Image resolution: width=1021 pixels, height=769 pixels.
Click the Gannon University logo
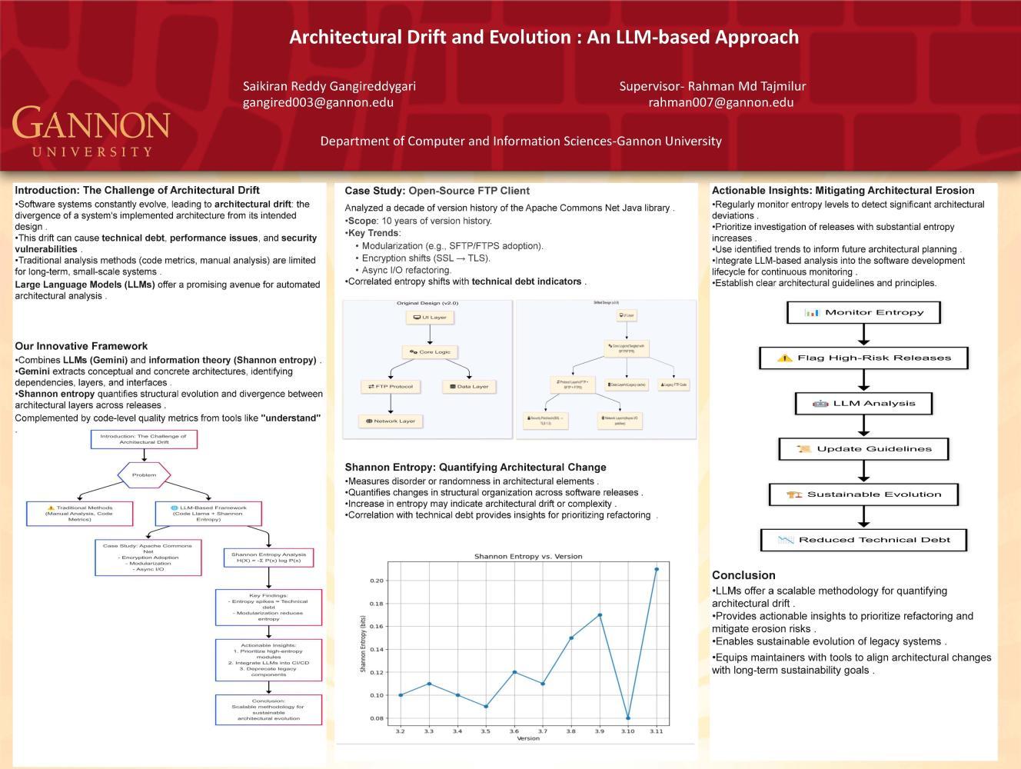pos(91,131)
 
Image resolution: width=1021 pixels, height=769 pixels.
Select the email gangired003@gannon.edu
pos(318,102)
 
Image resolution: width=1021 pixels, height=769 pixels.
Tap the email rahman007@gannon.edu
pos(720,102)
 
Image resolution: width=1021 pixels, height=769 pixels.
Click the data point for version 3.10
pos(628,718)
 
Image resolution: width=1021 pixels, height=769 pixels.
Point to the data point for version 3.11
pos(657,569)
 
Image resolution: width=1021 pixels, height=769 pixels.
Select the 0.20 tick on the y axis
pos(376,581)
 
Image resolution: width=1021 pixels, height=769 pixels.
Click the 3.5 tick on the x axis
pos(485,731)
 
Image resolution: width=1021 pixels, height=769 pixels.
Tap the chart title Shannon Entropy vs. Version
pos(527,556)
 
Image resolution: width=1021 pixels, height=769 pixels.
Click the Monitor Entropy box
pos(863,312)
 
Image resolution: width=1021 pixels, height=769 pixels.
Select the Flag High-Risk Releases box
pos(863,358)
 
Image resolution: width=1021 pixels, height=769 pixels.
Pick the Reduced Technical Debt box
pos(863,540)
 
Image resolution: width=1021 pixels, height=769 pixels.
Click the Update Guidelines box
pos(863,449)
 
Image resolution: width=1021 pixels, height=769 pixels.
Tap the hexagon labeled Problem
pos(144,474)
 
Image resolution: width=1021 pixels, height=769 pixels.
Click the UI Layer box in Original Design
pos(430,317)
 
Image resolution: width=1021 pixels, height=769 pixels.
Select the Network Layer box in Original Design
pos(391,421)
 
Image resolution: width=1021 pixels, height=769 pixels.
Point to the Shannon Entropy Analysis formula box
pos(268,558)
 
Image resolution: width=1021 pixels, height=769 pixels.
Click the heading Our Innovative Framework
pos(81,346)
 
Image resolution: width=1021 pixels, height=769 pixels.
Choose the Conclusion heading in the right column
pos(743,575)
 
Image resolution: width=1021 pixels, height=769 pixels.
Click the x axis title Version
pos(528,738)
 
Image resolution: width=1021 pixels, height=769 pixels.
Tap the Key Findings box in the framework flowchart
pos(268,607)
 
